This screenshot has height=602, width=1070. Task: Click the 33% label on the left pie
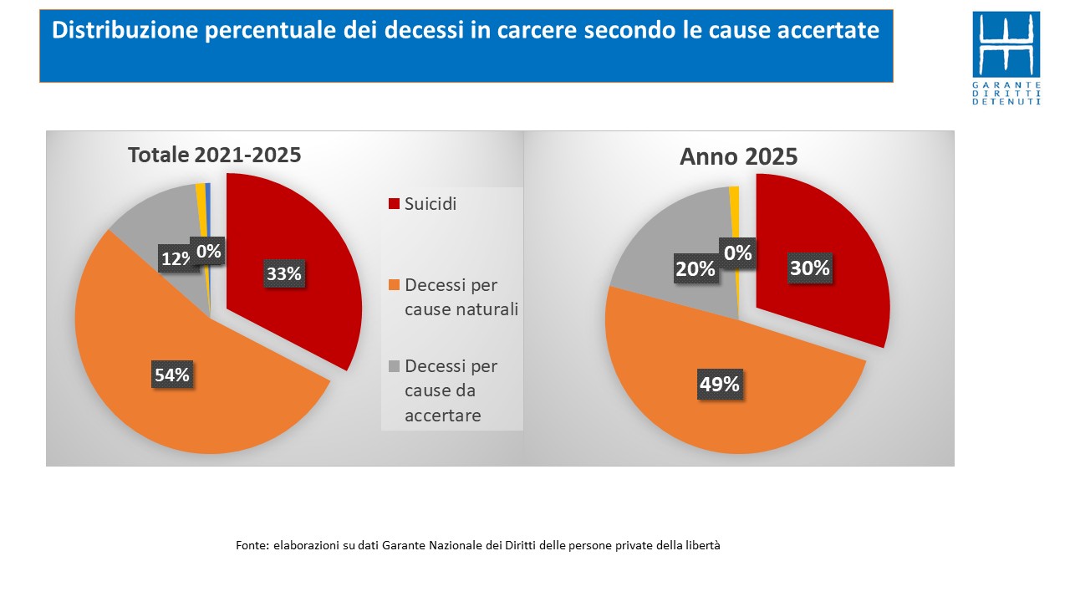(283, 273)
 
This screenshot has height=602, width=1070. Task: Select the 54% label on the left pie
(171, 375)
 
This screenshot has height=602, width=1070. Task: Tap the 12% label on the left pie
(176, 259)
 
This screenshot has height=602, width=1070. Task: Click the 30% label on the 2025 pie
(810, 268)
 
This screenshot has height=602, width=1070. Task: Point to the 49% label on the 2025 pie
(719, 384)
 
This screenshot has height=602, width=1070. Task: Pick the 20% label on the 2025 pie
(695, 268)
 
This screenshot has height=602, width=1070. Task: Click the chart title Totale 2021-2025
(214, 156)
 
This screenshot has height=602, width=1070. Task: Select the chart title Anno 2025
(738, 156)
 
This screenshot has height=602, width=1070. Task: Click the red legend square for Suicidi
(394, 204)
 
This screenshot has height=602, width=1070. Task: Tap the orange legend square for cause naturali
(394, 286)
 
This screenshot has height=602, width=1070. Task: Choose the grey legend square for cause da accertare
(394, 367)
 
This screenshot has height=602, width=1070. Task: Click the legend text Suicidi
(431, 203)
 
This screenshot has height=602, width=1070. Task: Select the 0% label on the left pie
(207, 250)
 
